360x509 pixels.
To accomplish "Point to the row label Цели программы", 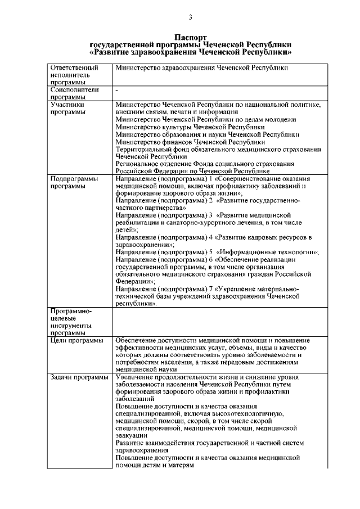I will click(76, 341).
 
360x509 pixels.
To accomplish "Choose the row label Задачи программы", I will click(79, 377).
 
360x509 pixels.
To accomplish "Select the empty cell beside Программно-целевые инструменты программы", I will click(219, 322).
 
